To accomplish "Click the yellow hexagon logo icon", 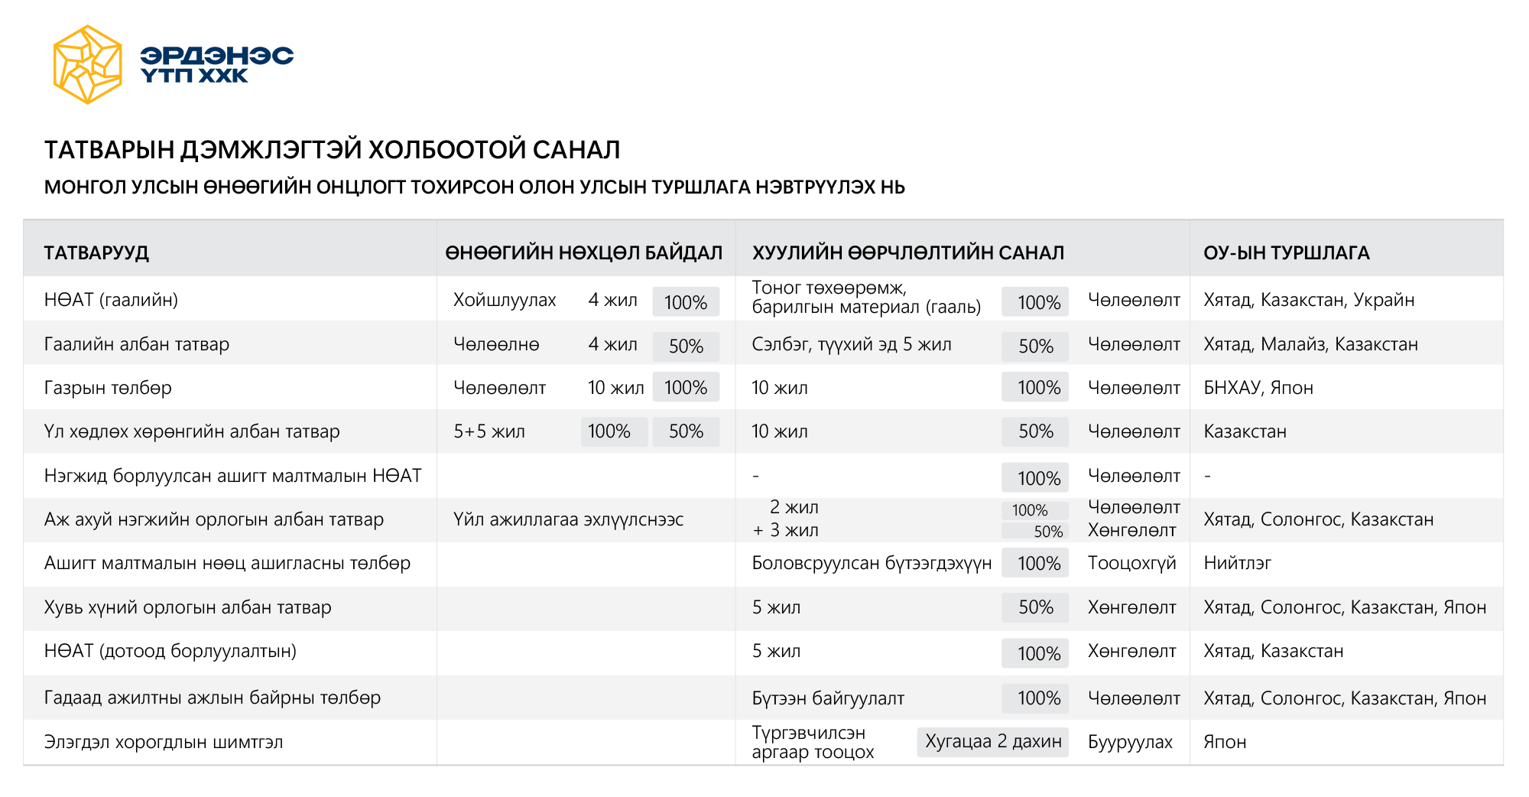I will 87,65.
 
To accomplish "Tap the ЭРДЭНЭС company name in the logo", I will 216,56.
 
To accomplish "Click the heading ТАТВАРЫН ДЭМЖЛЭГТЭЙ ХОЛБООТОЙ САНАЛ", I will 332,150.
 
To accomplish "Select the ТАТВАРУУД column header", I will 96,253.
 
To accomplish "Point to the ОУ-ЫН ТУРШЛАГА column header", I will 1286,253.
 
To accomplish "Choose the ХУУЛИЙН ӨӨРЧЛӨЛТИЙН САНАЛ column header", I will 907,253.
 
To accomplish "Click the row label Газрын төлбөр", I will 108,388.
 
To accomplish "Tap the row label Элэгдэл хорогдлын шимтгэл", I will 164,742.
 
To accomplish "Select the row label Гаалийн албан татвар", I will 137,344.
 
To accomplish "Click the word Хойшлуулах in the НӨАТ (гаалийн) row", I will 505,300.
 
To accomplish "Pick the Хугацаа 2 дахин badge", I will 992,741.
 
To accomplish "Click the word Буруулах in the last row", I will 1130,742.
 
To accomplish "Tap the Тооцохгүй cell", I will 1131,564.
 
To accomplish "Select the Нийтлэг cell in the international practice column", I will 1237,564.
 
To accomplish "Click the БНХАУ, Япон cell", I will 1258,388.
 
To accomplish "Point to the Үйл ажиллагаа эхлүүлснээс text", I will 568,519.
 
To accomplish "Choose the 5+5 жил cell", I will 489,431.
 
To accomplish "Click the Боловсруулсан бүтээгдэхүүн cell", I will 872,564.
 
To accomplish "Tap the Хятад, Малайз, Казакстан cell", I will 1310,344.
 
